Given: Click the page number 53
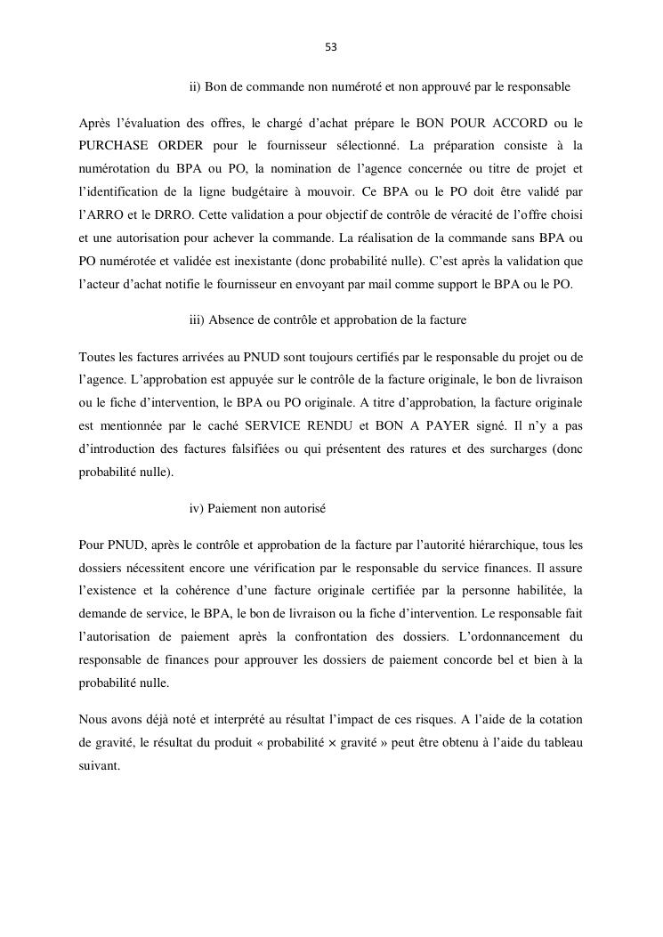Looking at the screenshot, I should click(x=331, y=47).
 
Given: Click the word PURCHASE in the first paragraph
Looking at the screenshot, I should click(x=115, y=144).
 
